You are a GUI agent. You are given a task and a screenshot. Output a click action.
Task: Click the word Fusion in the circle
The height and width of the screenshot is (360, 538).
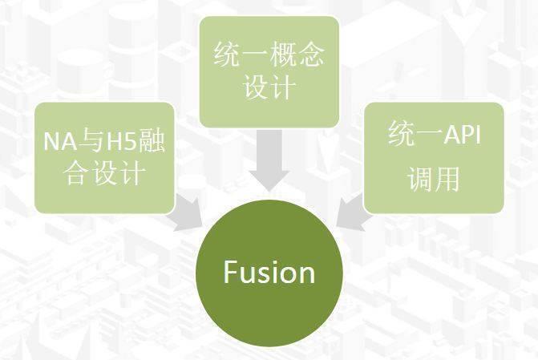[269, 272]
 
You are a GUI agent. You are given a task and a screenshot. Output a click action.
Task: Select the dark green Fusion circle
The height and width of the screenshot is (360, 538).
[269, 273]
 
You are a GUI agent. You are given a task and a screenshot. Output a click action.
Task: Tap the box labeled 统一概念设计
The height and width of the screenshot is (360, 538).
[269, 71]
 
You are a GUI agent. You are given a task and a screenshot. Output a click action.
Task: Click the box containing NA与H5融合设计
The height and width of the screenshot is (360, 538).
[105, 158]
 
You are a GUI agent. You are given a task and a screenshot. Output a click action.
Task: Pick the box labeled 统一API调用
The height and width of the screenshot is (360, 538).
[434, 158]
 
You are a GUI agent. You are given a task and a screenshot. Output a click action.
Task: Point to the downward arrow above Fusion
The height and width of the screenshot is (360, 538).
[269, 160]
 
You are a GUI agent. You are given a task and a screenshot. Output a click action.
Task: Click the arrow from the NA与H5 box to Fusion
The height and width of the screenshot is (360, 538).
[188, 212]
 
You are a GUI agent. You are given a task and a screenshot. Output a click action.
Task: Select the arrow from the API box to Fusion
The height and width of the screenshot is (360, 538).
[352, 212]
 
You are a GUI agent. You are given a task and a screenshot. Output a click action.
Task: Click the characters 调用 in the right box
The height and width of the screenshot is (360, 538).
[434, 179]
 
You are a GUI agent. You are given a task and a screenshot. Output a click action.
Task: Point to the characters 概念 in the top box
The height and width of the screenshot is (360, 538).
[297, 55]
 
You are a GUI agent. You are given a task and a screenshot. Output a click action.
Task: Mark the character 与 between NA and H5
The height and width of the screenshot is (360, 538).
[91, 140]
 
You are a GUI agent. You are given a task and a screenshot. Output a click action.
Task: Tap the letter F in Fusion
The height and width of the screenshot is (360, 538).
[230, 272]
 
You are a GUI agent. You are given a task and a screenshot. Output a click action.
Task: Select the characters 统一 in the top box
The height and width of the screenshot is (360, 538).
[241, 55]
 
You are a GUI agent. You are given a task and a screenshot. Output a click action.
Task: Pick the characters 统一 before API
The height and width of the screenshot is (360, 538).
[415, 134]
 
